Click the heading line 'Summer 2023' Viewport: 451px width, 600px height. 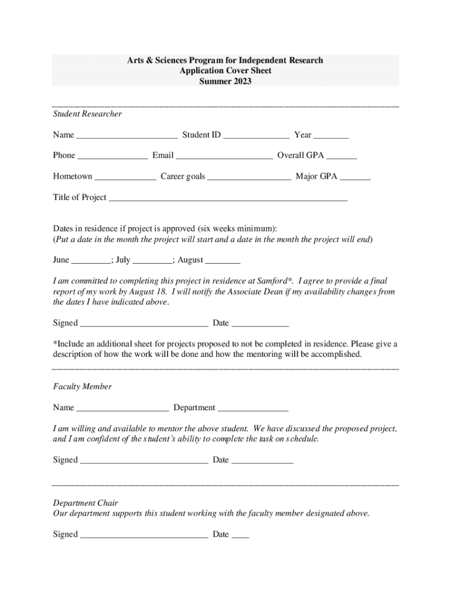tap(225, 81)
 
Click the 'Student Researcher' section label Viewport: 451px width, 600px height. tap(87, 114)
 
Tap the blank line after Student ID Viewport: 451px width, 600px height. tap(256, 136)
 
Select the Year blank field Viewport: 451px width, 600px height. tap(331, 136)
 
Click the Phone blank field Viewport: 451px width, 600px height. tap(112, 156)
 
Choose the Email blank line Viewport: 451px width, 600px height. tap(224, 156)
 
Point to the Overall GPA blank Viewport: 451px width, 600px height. tap(341, 156)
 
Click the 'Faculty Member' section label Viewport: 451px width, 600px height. tap(82, 387)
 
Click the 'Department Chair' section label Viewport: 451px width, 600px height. tap(86, 503)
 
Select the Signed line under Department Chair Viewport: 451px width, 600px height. tap(143, 536)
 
